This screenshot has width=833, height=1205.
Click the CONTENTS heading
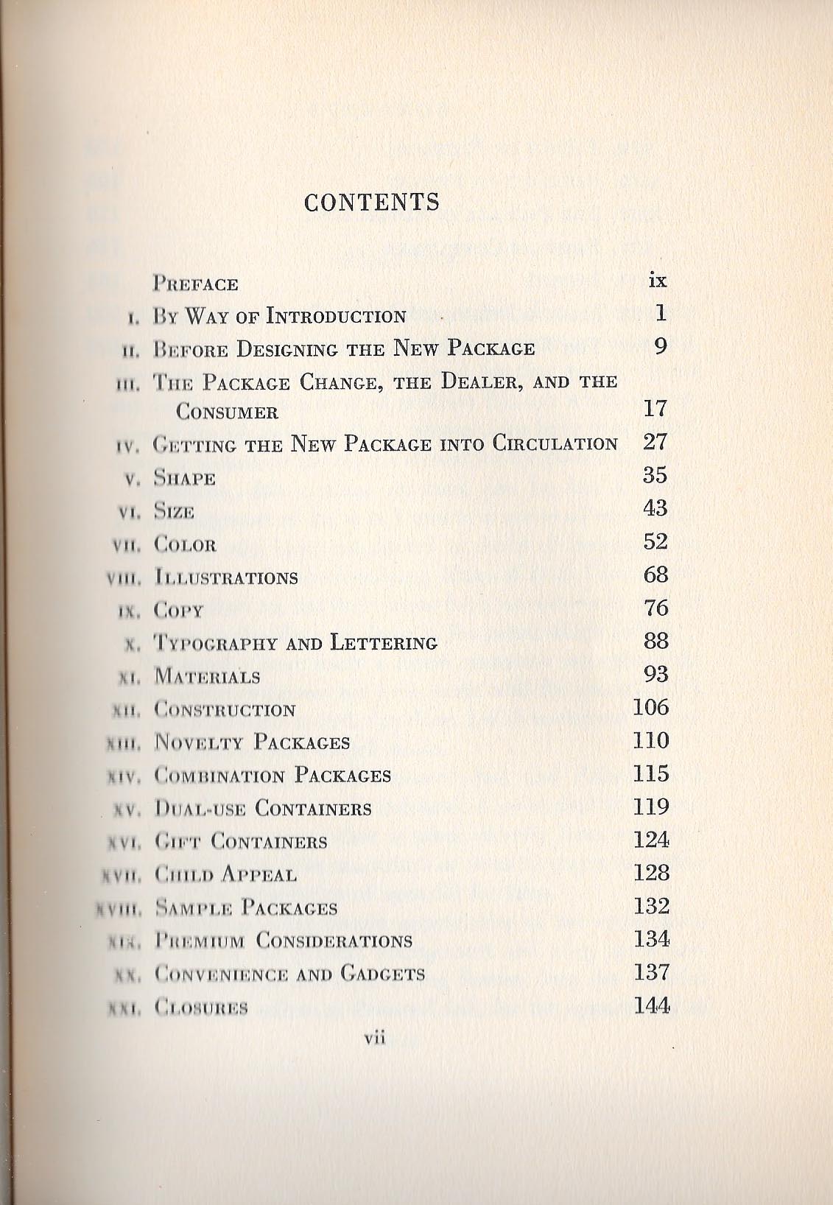(372, 203)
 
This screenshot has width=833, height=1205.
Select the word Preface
(196, 284)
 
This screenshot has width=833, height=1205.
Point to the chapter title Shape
(185, 479)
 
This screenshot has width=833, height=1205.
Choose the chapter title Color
(186, 545)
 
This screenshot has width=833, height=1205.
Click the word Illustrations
(226, 577)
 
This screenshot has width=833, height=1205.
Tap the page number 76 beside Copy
(655, 608)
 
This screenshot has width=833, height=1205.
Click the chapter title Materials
(207, 677)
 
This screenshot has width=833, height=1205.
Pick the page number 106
(651, 707)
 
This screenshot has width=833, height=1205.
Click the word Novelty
(200, 742)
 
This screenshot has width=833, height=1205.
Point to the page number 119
(651, 807)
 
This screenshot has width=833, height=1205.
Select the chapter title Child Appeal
(225, 875)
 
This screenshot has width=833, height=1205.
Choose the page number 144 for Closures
(652, 1005)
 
